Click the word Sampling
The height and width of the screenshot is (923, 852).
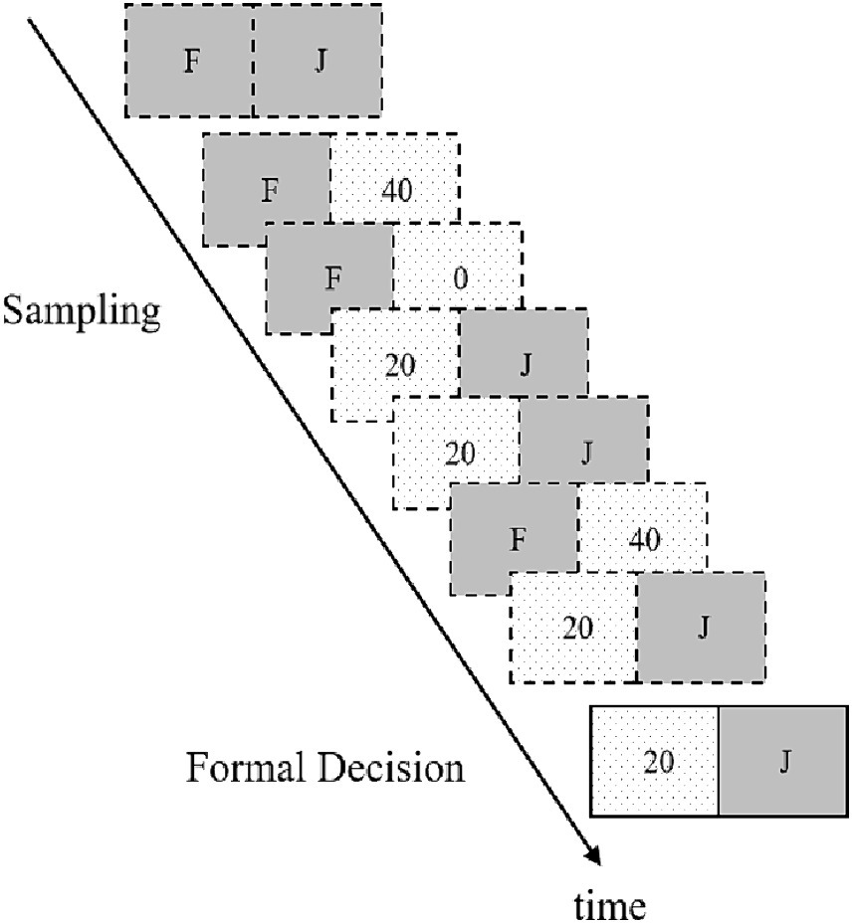pos(82,312)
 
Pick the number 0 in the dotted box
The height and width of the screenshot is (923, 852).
pos(459,277)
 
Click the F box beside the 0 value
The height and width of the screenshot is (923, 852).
pos(331,277)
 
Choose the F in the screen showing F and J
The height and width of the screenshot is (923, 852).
pos(190,60)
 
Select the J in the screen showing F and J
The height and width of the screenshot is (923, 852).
pos(319,60)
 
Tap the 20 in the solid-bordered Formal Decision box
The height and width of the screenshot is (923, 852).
pos(657,762)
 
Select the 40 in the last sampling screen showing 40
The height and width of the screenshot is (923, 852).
pos(643,541)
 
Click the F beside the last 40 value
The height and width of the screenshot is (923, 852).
pos(516,540)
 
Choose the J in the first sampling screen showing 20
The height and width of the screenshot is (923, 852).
pos(525,364)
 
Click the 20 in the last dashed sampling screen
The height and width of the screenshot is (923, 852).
pos(576,628)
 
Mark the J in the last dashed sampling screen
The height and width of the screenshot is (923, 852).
pos(703,628)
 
